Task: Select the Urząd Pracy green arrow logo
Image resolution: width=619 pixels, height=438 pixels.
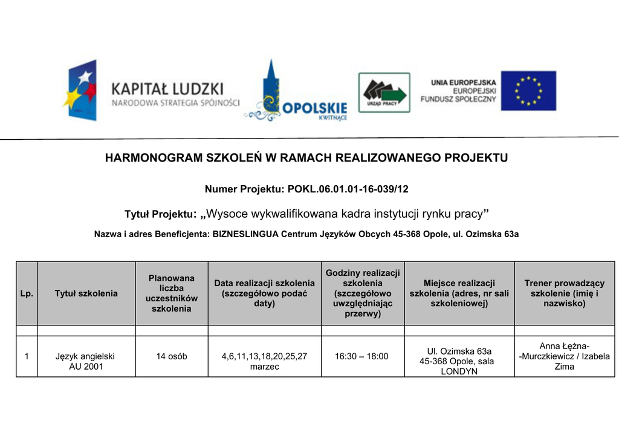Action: [x=384, y=93]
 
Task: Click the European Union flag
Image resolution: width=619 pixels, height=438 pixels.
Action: [x=528, y=91]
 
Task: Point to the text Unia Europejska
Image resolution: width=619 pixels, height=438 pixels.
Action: [x=464, y=82]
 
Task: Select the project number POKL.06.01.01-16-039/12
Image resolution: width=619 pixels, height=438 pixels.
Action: [x=348, y=189]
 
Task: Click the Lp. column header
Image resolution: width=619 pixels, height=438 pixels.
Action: [x=27, y=293]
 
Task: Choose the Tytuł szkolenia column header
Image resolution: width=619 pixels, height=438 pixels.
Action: [x=86, y=293]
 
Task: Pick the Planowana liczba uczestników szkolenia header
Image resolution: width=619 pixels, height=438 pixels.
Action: [x=172, y=293]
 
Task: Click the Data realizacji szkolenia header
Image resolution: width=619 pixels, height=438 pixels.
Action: [x=264, y=293]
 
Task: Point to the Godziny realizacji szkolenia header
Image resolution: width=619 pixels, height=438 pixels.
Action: [x=363, y=293]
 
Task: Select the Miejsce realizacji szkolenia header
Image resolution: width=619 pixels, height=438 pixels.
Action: [x=459, y=293]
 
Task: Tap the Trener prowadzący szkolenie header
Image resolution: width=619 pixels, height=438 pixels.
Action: [x=564, y=293]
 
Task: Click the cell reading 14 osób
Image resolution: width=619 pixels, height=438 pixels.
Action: [x=172, y=356]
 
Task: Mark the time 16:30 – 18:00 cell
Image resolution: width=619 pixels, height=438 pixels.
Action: [x=361, y=356]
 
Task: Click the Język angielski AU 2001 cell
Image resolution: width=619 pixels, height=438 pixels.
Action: [x=85, y=361]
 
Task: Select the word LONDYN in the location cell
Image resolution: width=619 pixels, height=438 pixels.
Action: [x=459, y=371]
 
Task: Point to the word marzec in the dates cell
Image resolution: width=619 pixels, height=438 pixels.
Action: [x=264, y=367]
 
